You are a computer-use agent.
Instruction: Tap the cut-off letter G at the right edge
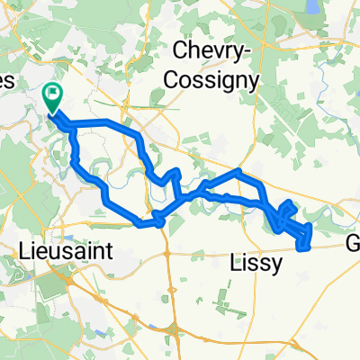click(354, 245)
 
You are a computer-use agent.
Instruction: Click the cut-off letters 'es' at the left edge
click(7, 80)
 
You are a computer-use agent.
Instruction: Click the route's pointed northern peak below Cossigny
click(238, 170)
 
